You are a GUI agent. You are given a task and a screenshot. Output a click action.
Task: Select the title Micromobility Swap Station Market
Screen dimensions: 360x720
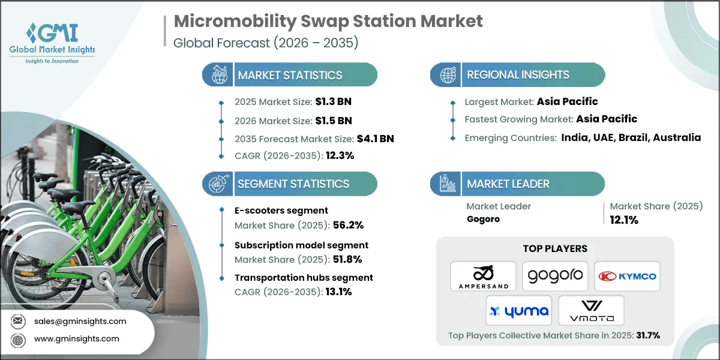click(328, 22)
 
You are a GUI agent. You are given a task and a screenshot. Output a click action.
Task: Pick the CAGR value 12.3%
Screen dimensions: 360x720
click(337, 155)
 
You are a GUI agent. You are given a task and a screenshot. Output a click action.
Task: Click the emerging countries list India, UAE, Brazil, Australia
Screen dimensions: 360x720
click(631, 137)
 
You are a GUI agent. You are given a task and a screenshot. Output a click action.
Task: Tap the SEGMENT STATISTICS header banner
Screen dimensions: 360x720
click(293, 184)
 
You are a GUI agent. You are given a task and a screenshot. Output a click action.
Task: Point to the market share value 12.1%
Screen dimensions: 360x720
click(624, 220)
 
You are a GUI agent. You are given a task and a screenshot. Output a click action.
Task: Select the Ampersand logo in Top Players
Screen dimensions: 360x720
click(483, 276)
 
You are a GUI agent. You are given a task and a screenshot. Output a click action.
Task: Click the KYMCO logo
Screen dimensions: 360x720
click(627, 276)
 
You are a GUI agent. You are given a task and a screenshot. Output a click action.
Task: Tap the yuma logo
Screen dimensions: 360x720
click(519, 310)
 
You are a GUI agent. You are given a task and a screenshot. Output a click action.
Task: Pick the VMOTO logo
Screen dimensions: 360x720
click(591, 310)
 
